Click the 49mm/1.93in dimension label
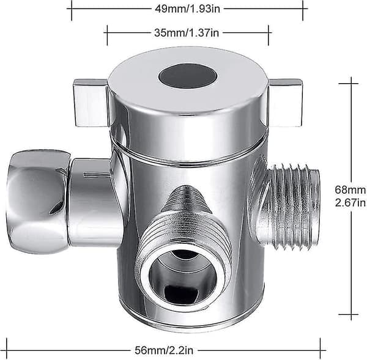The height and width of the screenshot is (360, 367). tap(187, 9)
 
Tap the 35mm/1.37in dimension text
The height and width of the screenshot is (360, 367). tap(187, 32)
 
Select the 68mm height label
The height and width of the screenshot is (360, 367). tap(350, 189)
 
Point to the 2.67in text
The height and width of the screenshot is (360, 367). tap(350, 202)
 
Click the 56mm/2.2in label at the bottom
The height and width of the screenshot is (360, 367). tap(164, 350)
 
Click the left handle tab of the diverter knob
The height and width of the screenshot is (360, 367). tap(91, 103)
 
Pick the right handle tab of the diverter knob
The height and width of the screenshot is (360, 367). tap(285, 103)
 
